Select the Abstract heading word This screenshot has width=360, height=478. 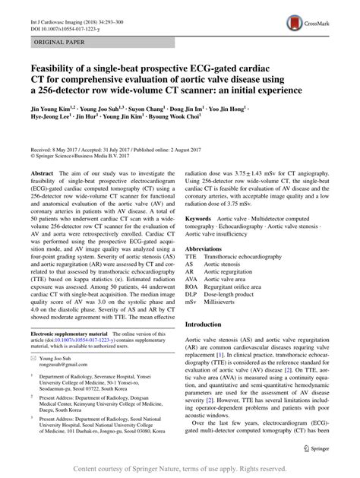pos(41,173)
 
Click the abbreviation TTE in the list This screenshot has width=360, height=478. pos(192,258)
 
